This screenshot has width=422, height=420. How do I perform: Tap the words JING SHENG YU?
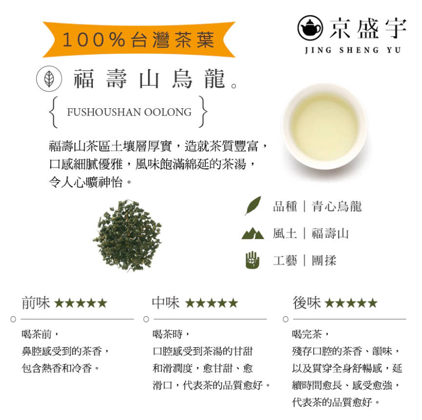coord(353,50)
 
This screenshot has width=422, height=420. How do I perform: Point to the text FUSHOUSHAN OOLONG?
coord(129,112)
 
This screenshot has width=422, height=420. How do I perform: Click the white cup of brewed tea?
coord(324,127)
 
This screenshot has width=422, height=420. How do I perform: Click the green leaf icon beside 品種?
coord(253,206)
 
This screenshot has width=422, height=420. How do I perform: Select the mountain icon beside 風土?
coord(253,234)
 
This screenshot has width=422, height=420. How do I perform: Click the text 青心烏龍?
coord(337,206)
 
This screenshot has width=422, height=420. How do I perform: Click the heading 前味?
coord(36,303)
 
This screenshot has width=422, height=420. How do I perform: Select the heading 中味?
coord(166,303)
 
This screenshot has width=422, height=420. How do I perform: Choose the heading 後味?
coord(306,303)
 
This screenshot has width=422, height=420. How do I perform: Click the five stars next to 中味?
coord(211,303)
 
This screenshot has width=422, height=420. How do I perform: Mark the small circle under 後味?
coord(286,319)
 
